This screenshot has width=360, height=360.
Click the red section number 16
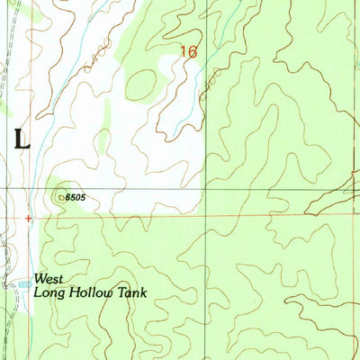click(x=188, y=53)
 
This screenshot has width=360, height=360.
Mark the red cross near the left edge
click(x=29, y=218)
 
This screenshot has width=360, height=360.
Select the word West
click(x=49, y=279)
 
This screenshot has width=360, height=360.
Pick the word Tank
click(x=131, y=292)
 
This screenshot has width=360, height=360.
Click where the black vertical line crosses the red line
click(x=207, y=216)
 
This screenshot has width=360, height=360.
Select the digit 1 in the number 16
click(x=183, y=53)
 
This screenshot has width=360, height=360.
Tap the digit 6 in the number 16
click(x=193, y=53)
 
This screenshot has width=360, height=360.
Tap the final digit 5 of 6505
click(x=90, y=195)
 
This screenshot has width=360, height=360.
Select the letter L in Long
click(x=38, y=292)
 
